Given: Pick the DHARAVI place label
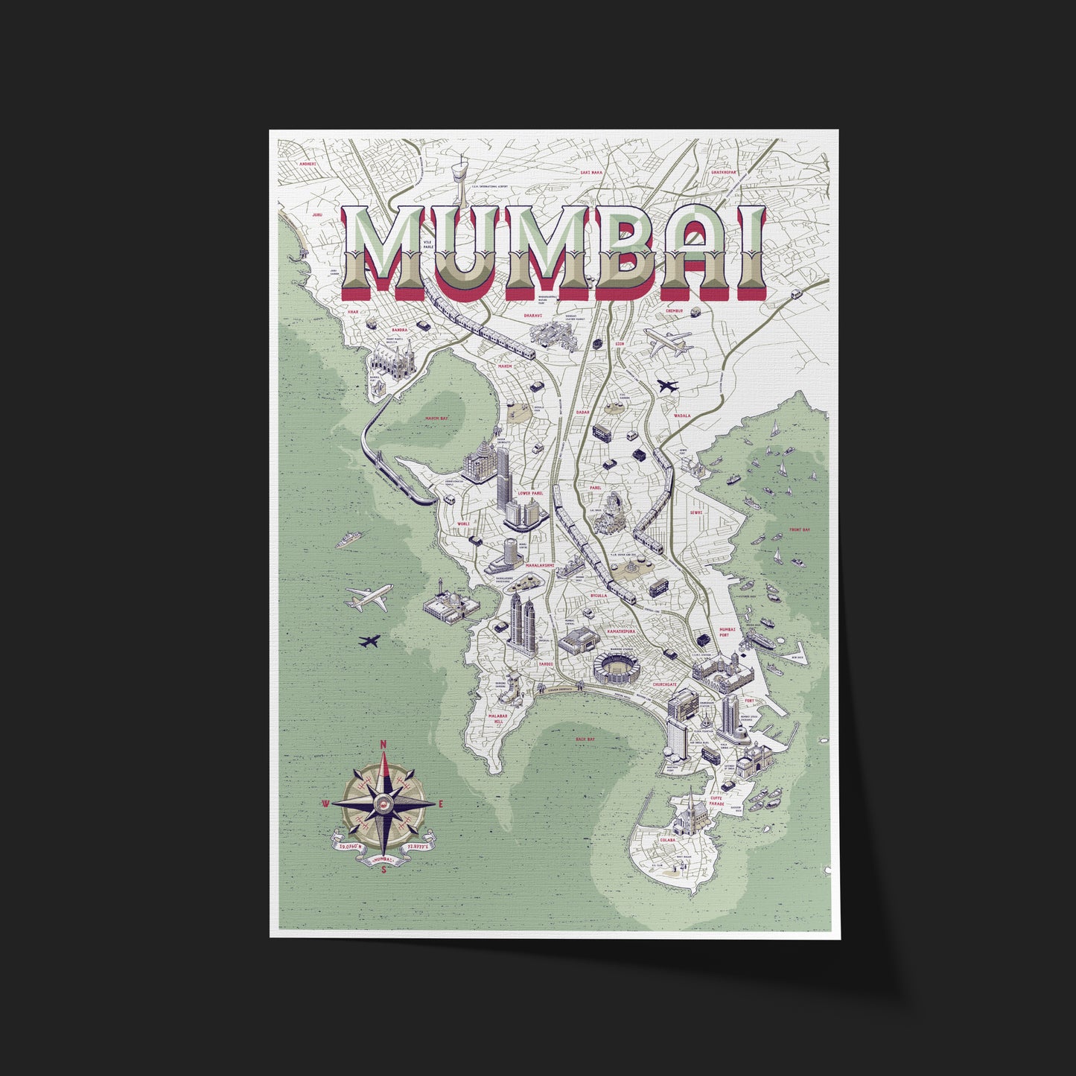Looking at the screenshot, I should click(533, 316).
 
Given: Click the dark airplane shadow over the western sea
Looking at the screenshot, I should click(369, 640).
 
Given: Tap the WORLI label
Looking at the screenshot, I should click(463, 524).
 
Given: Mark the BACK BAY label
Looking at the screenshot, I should click(585, 739).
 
